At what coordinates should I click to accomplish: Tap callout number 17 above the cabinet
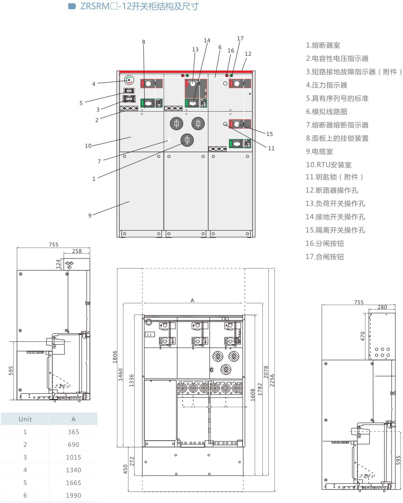[x=240, y=39]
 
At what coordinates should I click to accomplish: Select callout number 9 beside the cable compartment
[x=90, y=216]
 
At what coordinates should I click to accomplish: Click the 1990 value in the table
[x=73, y=495]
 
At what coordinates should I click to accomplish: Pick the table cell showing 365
[x=73, y=432]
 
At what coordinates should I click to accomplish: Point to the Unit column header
[x=25, y=419]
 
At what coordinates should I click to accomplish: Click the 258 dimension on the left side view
[x=77, y=251]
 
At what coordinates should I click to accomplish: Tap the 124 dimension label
[x=58, y=264]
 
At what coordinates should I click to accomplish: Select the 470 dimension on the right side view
[x=363, y=336]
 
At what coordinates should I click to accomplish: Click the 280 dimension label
[x=382, y=307]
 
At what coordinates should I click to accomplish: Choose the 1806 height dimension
[x=115, y=357]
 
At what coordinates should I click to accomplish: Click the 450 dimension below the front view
[x=125, y=469]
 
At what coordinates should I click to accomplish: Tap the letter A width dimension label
[x=192, y=300]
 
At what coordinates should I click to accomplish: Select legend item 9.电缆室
[x=320, y=152]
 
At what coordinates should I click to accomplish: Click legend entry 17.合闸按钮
[x=325, y=257]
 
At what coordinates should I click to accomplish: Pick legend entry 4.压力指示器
[x=326, y=85]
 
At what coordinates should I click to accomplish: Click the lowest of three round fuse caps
[x=187, y=140]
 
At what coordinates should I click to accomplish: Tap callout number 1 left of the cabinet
[x=94, y=179]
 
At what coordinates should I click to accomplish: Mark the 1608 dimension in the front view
[x=253, y=395]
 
